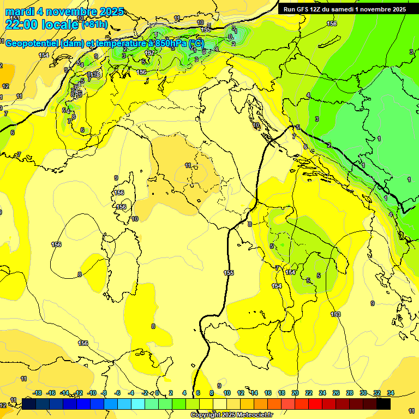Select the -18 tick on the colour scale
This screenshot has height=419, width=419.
point(37,393)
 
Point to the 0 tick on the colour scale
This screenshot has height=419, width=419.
point(157,393)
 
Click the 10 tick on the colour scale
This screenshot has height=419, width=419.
point(226,393)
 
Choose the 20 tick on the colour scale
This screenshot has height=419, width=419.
point(295,393)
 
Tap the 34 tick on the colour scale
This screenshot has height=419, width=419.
point(391,393)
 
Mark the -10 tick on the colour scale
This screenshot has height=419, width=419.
point(92,393)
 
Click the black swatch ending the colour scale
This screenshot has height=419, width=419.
point(384,404)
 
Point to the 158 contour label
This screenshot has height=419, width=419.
point(332,23)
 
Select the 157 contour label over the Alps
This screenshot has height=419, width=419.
point(149,53)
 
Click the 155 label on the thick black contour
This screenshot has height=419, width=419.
point(229,273)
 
